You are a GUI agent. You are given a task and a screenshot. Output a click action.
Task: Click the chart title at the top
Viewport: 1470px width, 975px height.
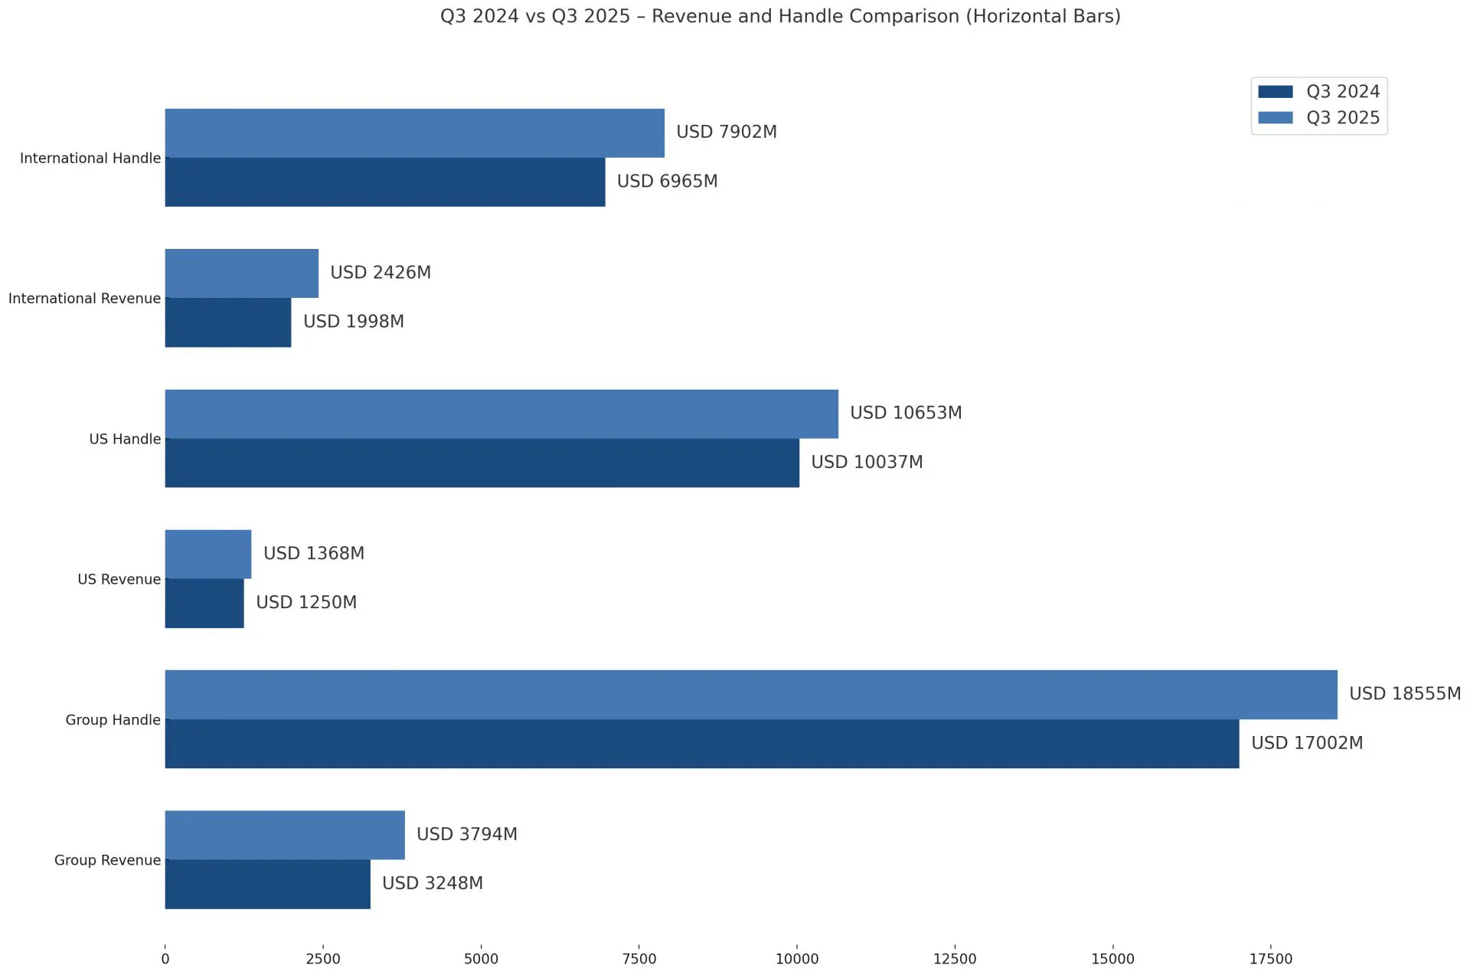pyautogui.click(x=780, y=16)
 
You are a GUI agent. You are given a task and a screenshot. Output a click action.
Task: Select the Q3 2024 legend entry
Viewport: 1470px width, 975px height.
pyautogui.click(x=1318, y=91)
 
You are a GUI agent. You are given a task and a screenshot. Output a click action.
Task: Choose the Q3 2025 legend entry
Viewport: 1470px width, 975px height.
pyautogui.click(x=1318, y=117)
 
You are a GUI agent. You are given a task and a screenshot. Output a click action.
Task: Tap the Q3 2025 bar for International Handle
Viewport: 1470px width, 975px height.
pyautogui.click(x=414, y=133)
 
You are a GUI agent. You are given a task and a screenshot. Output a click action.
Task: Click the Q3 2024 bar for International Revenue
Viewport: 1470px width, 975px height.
pyautogui.click(x=227, y=322)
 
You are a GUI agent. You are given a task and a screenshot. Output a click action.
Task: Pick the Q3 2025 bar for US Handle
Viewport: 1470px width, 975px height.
pyautogui.click(x=501, y=414)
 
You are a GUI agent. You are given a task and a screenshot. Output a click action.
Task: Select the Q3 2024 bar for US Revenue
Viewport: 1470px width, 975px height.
pyautogui.click(x=204, y=604)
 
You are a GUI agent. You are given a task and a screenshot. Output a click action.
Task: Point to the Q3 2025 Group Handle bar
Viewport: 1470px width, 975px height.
pyautogui.click(x=751, y=695)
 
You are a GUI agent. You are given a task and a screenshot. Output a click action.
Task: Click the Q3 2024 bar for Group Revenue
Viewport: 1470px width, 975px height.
pyautogui.click(x=267, y=884)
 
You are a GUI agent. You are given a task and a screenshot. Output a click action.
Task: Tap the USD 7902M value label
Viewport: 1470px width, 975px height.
pyautogui.click(x=727, y=132)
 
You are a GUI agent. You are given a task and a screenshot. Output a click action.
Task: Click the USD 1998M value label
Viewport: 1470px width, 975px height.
pyautogui.click(x=354, y=322)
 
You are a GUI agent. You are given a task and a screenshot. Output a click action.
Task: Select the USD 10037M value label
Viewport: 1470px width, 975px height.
pyautogui.click(x=867, y=462)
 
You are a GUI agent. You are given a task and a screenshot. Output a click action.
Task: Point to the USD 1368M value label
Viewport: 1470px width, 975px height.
pyautogui.click(x=314, y=553)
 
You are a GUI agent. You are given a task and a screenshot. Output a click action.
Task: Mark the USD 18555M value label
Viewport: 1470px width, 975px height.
pyautogui.click(x=1405, y=693)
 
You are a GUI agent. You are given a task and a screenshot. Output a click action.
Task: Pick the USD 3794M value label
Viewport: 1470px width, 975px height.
pyautogui.click(x=467, y=834)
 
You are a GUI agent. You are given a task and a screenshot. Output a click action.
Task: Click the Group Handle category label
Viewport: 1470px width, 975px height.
pyautogui.click(x=113, y=720)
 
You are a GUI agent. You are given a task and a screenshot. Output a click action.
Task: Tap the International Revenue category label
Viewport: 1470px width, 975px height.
pyautogui.click(x=84, y=299)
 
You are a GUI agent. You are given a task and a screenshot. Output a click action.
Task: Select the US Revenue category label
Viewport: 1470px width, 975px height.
pyautogui.click(x=119, y=579)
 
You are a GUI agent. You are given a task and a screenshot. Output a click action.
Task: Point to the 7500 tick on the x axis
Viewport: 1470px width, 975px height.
pyautogui.click(x=639, y=959)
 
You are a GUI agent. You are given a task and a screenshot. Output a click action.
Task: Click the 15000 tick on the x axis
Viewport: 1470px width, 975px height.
pyautogui.click(x=1113, y=959)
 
